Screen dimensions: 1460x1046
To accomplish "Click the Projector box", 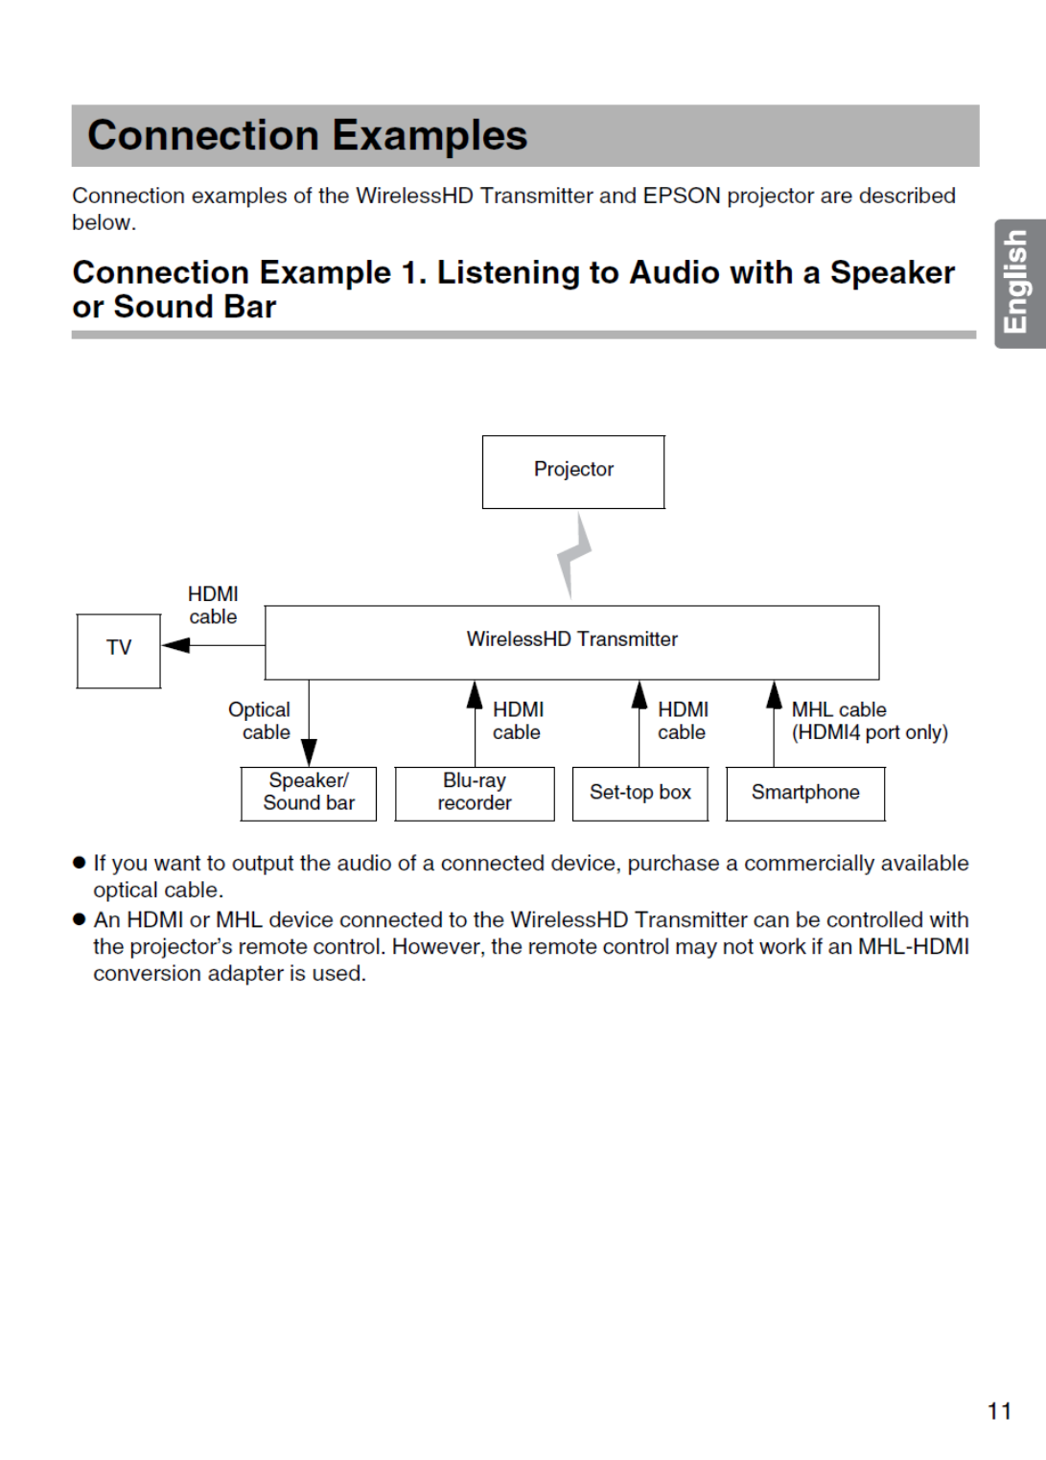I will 573,472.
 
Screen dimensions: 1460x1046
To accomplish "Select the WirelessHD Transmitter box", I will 571,641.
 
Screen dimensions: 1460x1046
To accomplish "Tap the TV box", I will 119,650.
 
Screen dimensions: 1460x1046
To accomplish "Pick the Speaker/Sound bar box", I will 309,793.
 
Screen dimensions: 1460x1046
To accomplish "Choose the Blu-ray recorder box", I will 475,793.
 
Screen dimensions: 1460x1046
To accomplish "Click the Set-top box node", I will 639,793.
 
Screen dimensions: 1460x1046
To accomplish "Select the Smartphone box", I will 805,793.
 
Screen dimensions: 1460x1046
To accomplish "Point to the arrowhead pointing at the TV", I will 175,645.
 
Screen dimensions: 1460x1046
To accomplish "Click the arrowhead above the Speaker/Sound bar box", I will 309,752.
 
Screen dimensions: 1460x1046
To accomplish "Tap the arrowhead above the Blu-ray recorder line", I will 475,695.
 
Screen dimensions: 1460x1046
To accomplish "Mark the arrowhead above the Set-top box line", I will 639,695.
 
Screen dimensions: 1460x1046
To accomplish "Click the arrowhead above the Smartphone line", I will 774,695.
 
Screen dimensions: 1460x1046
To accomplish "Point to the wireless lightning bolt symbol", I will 573,554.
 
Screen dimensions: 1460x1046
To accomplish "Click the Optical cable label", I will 260,721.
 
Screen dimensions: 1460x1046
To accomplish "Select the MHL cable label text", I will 839,710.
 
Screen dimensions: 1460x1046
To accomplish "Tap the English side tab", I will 1017,283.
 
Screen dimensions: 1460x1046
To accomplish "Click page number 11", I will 999,1411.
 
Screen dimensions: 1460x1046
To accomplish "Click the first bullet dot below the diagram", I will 80,863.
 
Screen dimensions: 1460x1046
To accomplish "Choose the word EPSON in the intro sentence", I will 682,196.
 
